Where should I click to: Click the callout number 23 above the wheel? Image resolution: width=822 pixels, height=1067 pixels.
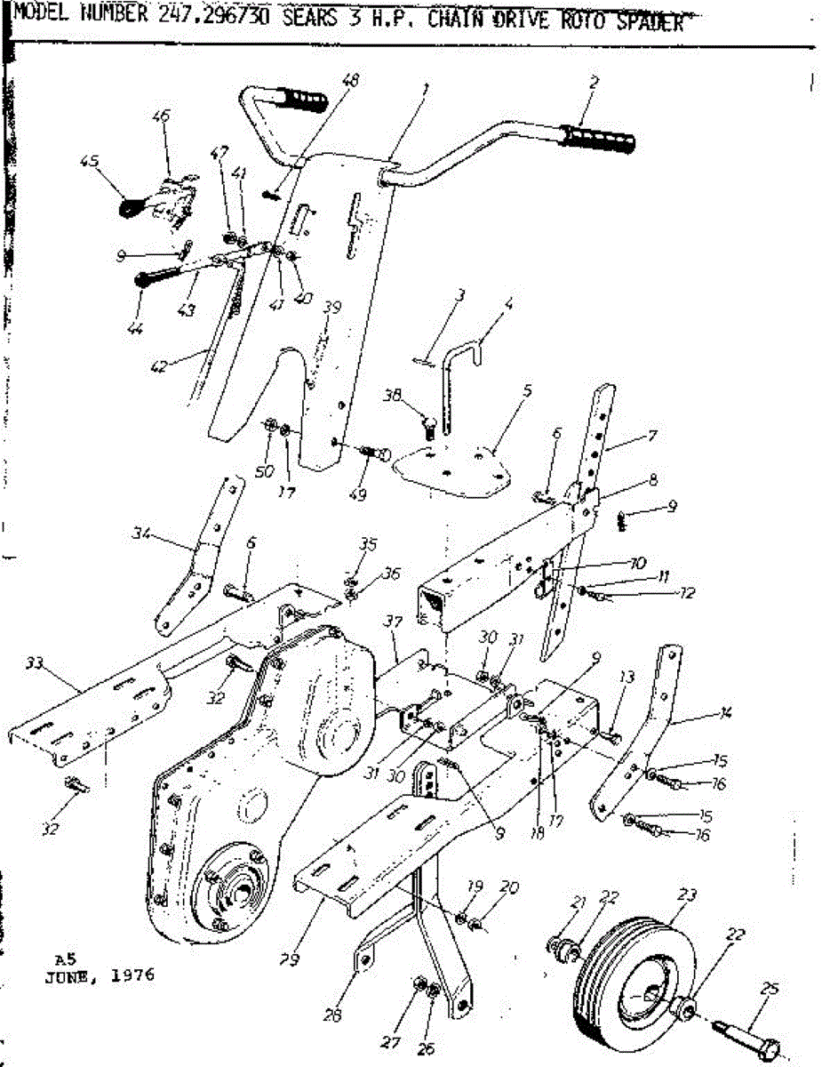[687, 894]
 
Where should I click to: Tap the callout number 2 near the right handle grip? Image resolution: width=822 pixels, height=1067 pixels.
[593, 82]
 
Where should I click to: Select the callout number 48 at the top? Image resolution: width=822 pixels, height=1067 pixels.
[350, 79]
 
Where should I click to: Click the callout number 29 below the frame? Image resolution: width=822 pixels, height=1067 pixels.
[288, 960]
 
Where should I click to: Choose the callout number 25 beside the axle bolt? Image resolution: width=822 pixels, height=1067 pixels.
[770, 988]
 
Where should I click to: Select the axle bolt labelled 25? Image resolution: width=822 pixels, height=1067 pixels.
[748, 1035]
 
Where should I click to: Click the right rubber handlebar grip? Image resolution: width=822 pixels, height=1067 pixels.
[598, 139]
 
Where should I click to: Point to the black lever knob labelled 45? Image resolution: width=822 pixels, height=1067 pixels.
[130, 207]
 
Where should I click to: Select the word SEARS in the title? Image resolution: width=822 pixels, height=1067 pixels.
[310, 20]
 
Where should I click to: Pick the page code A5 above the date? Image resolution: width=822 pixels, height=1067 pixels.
[63, 959]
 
